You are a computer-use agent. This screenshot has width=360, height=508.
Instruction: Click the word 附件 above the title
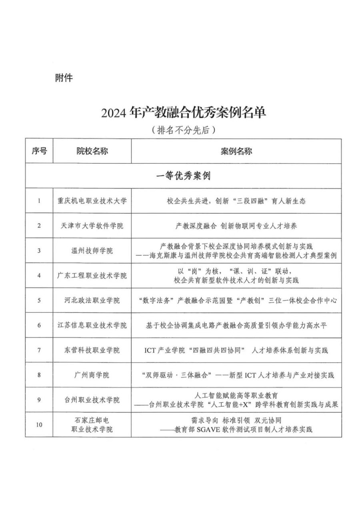point(64,78)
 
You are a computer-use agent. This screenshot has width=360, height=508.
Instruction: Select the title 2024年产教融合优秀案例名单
point(184,114)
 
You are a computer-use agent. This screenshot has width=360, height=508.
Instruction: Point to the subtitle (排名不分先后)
point(184,130)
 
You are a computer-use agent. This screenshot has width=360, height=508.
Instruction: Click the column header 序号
point(39,151)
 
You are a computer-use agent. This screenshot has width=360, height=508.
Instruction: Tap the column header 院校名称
point(92,151)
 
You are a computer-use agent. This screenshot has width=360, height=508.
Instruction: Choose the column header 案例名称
point(236,151)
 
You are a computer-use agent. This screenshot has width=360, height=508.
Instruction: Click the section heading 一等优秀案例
point(184,176)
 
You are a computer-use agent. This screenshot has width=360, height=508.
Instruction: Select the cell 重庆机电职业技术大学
point(92,201)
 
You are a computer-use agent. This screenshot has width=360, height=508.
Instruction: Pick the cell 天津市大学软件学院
point(92,226)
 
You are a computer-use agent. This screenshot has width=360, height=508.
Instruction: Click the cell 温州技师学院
point(92,251)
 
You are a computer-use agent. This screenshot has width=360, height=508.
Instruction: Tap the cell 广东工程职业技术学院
point(92,275)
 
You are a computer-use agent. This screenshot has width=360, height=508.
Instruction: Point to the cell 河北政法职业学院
point(92,300)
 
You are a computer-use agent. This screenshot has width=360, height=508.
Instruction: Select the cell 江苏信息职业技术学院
point(92,325)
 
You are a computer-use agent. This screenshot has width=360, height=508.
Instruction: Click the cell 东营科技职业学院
point(92,350)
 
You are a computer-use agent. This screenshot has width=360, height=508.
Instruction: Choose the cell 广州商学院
point(92,375)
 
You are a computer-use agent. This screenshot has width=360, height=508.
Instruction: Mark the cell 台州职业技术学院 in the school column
point(92,400)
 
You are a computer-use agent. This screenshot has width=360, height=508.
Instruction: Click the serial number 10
point(39,424)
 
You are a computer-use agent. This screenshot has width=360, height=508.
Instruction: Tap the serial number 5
point(39,300)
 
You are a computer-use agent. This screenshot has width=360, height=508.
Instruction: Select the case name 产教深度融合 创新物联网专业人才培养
point(236,226)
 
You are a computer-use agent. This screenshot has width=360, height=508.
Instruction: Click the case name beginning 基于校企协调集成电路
point(236,325)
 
